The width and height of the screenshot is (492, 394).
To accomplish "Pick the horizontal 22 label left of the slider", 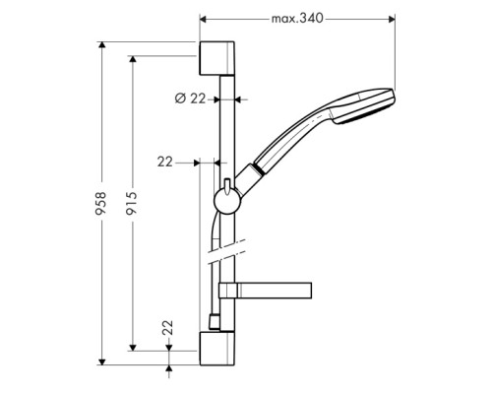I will [164, 162].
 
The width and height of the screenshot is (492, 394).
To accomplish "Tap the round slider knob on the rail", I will [223, 201].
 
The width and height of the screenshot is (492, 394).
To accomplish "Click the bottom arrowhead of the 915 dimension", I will [132, 345].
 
